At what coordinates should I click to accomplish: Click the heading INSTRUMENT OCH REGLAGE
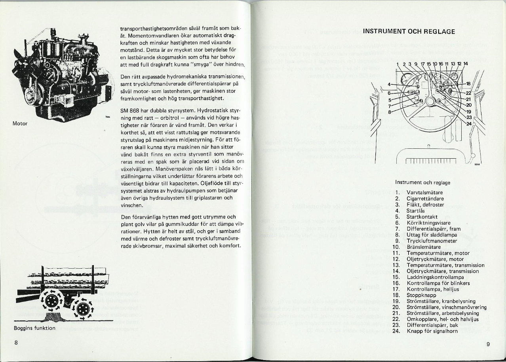coord(409,31)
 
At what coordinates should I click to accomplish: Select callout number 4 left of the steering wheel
coord(389,84)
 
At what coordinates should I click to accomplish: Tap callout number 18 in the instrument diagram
coord(468,84)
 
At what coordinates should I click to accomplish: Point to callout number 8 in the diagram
coord(389,111)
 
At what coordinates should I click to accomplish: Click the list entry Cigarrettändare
coord(425,199)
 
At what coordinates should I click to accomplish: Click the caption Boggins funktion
coord(34,328)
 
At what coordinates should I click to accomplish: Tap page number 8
coord(16,343)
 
